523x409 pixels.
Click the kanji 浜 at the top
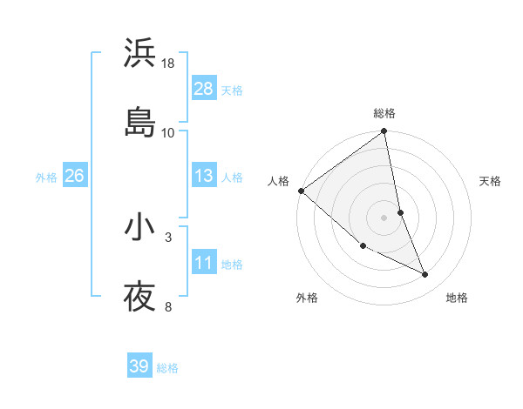[139, 53]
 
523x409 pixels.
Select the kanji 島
[139, 121]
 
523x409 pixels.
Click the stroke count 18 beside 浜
[168, 64]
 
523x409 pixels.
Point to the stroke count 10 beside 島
[168, 132]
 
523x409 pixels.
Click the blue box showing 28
[204, 88]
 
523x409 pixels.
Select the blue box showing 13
[204, 176]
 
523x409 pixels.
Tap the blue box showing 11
[204, 263]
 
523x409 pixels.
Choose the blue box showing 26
[74, 176]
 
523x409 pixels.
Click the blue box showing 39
[139, 366]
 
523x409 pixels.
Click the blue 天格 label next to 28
[232, 90]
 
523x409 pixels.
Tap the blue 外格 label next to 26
[46, 178]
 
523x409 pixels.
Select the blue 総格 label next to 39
[167, 368]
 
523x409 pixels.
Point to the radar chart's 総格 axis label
[384, 113]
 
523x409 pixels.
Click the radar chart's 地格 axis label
[457, 298]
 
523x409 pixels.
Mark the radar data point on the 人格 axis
[301, 191]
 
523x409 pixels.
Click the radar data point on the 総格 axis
[384, 132]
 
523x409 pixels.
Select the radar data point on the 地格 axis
[425, 274]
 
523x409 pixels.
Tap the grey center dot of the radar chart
[384, 218]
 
